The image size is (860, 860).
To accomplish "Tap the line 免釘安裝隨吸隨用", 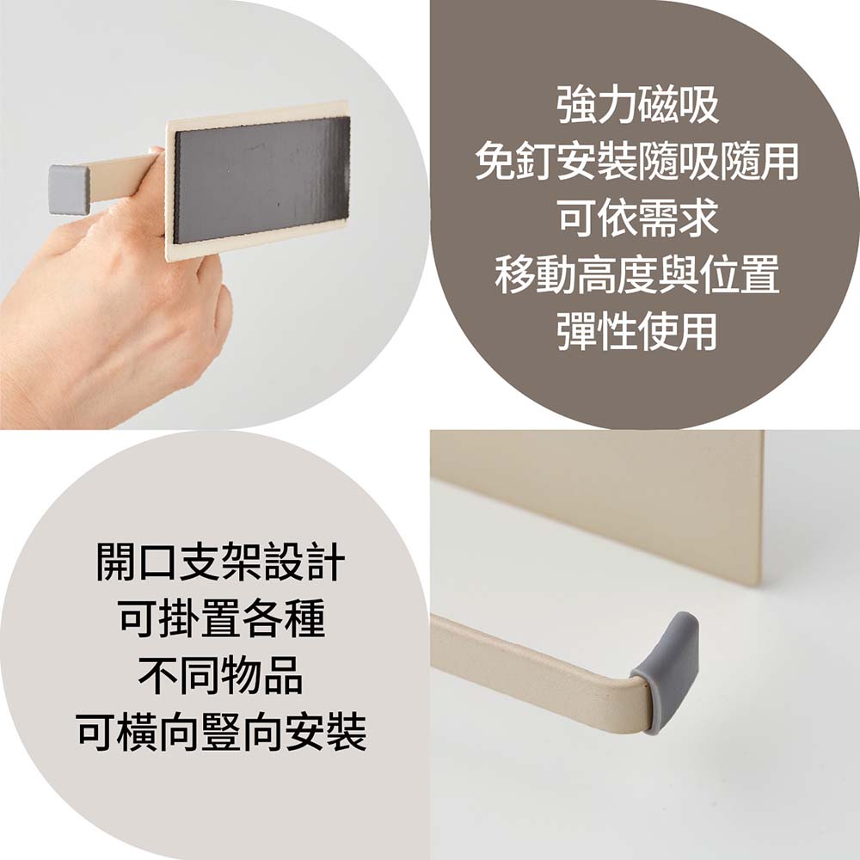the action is pos(637,162).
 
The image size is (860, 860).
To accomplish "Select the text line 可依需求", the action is pos(637,218).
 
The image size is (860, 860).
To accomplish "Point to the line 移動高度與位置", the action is pos(637,274).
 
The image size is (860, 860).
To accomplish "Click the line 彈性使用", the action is pos(637,331).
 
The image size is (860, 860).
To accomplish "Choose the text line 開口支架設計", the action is pos(220,562).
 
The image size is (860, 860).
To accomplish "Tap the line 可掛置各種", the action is pos(220,618).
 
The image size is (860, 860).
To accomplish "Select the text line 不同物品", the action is pos(220,675).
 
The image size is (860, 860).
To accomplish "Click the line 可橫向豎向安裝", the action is pos(220,732).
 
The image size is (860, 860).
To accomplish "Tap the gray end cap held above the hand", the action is pos(70,189).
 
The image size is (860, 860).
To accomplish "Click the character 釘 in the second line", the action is pos(536,162).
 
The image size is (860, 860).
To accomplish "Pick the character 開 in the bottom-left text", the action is pos(116,562).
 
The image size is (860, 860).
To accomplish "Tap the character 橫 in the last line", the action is pos(138,732).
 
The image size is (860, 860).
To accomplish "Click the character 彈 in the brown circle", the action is pos(577,331).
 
